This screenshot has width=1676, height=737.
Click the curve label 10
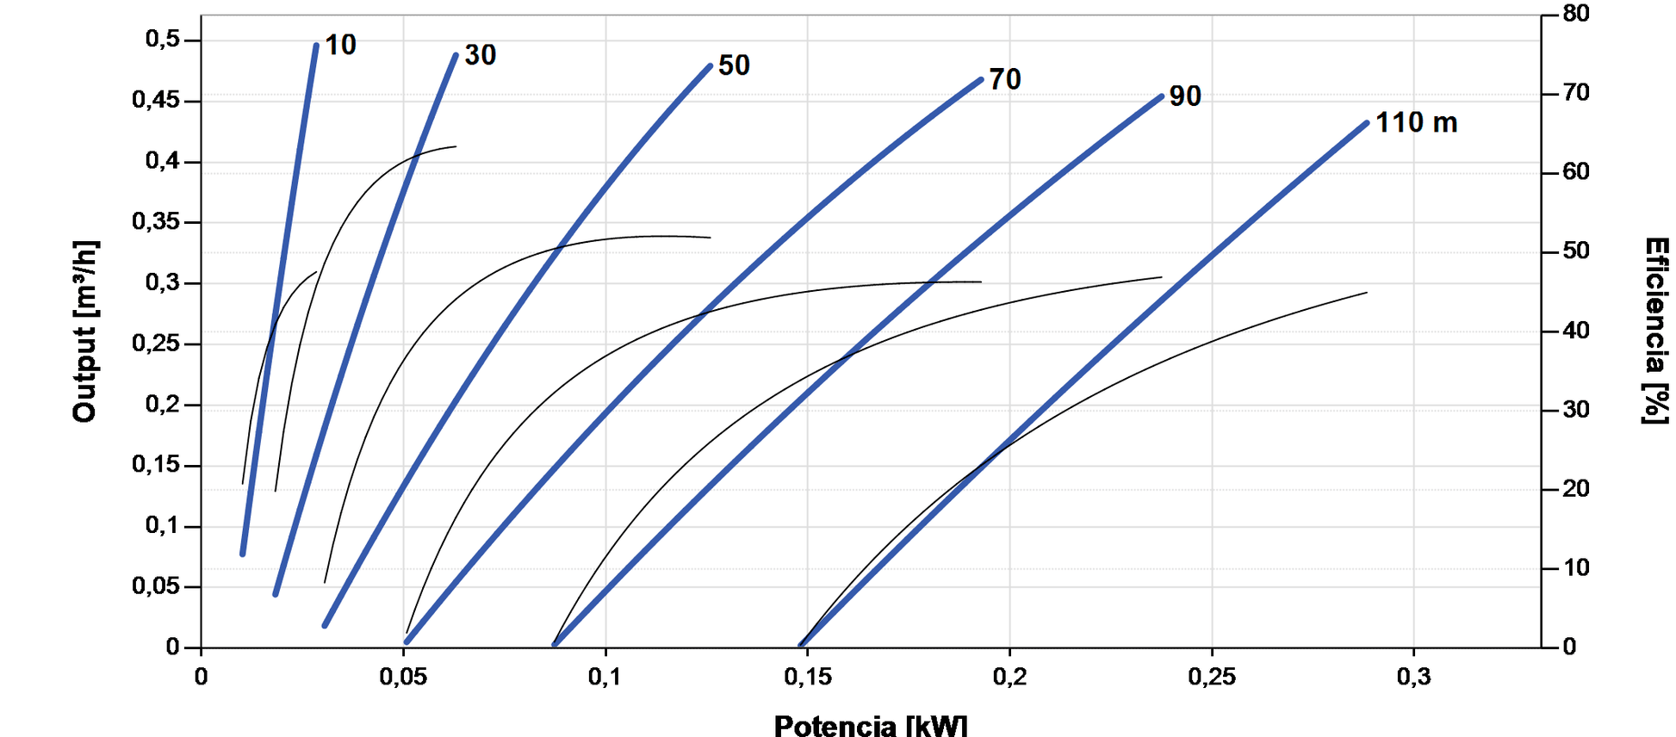(x=340, y=45)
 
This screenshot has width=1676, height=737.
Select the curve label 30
(x=481, y=55)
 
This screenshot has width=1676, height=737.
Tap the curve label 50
(x=734, y=65)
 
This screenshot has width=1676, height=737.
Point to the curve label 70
(x=1005, y=79)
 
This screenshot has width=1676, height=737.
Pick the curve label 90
(x=1185, y=96)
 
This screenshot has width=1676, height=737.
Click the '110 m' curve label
(x=1416, y=123)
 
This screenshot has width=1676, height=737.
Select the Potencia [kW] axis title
(x=871, y=725)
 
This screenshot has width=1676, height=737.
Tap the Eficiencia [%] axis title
(x=1655, y=331)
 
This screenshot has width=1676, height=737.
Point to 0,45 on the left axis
(x=156, y=101)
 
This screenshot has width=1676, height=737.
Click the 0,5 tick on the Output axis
(x=162, y=40)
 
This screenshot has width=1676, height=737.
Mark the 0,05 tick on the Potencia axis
(x=403, y=677)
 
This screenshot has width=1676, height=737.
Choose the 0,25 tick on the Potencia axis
(x=1212, y=677)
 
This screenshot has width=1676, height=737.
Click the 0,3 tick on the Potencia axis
(x=1413, y=677)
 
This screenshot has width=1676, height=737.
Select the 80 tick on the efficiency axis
(x=1577, y=14)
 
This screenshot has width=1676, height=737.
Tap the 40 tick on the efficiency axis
(x=1577, y=331)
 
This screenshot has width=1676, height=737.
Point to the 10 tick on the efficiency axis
(x=1577, y=568)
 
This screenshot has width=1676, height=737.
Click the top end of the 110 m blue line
(x=1366, y=123)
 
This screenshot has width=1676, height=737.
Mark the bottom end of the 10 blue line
(x=243, y=554)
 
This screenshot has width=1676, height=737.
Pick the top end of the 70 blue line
(x=980, y=80)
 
